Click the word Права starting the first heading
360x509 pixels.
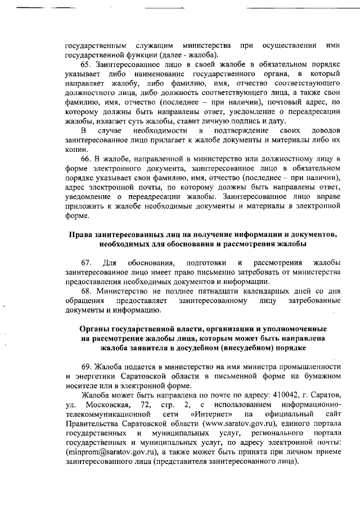pos(82,234)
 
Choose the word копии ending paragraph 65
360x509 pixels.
pos(76,150)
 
